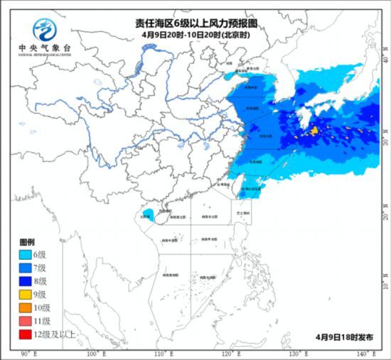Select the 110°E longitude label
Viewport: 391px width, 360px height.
pyautogui.click(x=163, y=354)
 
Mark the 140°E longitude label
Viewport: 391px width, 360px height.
pyautogui.click(x=365, y=354)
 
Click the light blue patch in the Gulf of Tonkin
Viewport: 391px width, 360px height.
pyautogui.click(x=146, y=214)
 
